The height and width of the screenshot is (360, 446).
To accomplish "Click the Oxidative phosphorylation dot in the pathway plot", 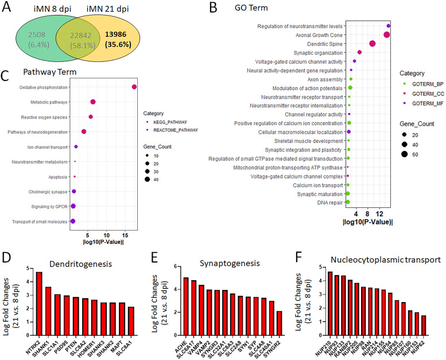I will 134,87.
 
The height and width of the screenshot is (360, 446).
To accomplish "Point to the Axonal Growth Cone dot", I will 387,36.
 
